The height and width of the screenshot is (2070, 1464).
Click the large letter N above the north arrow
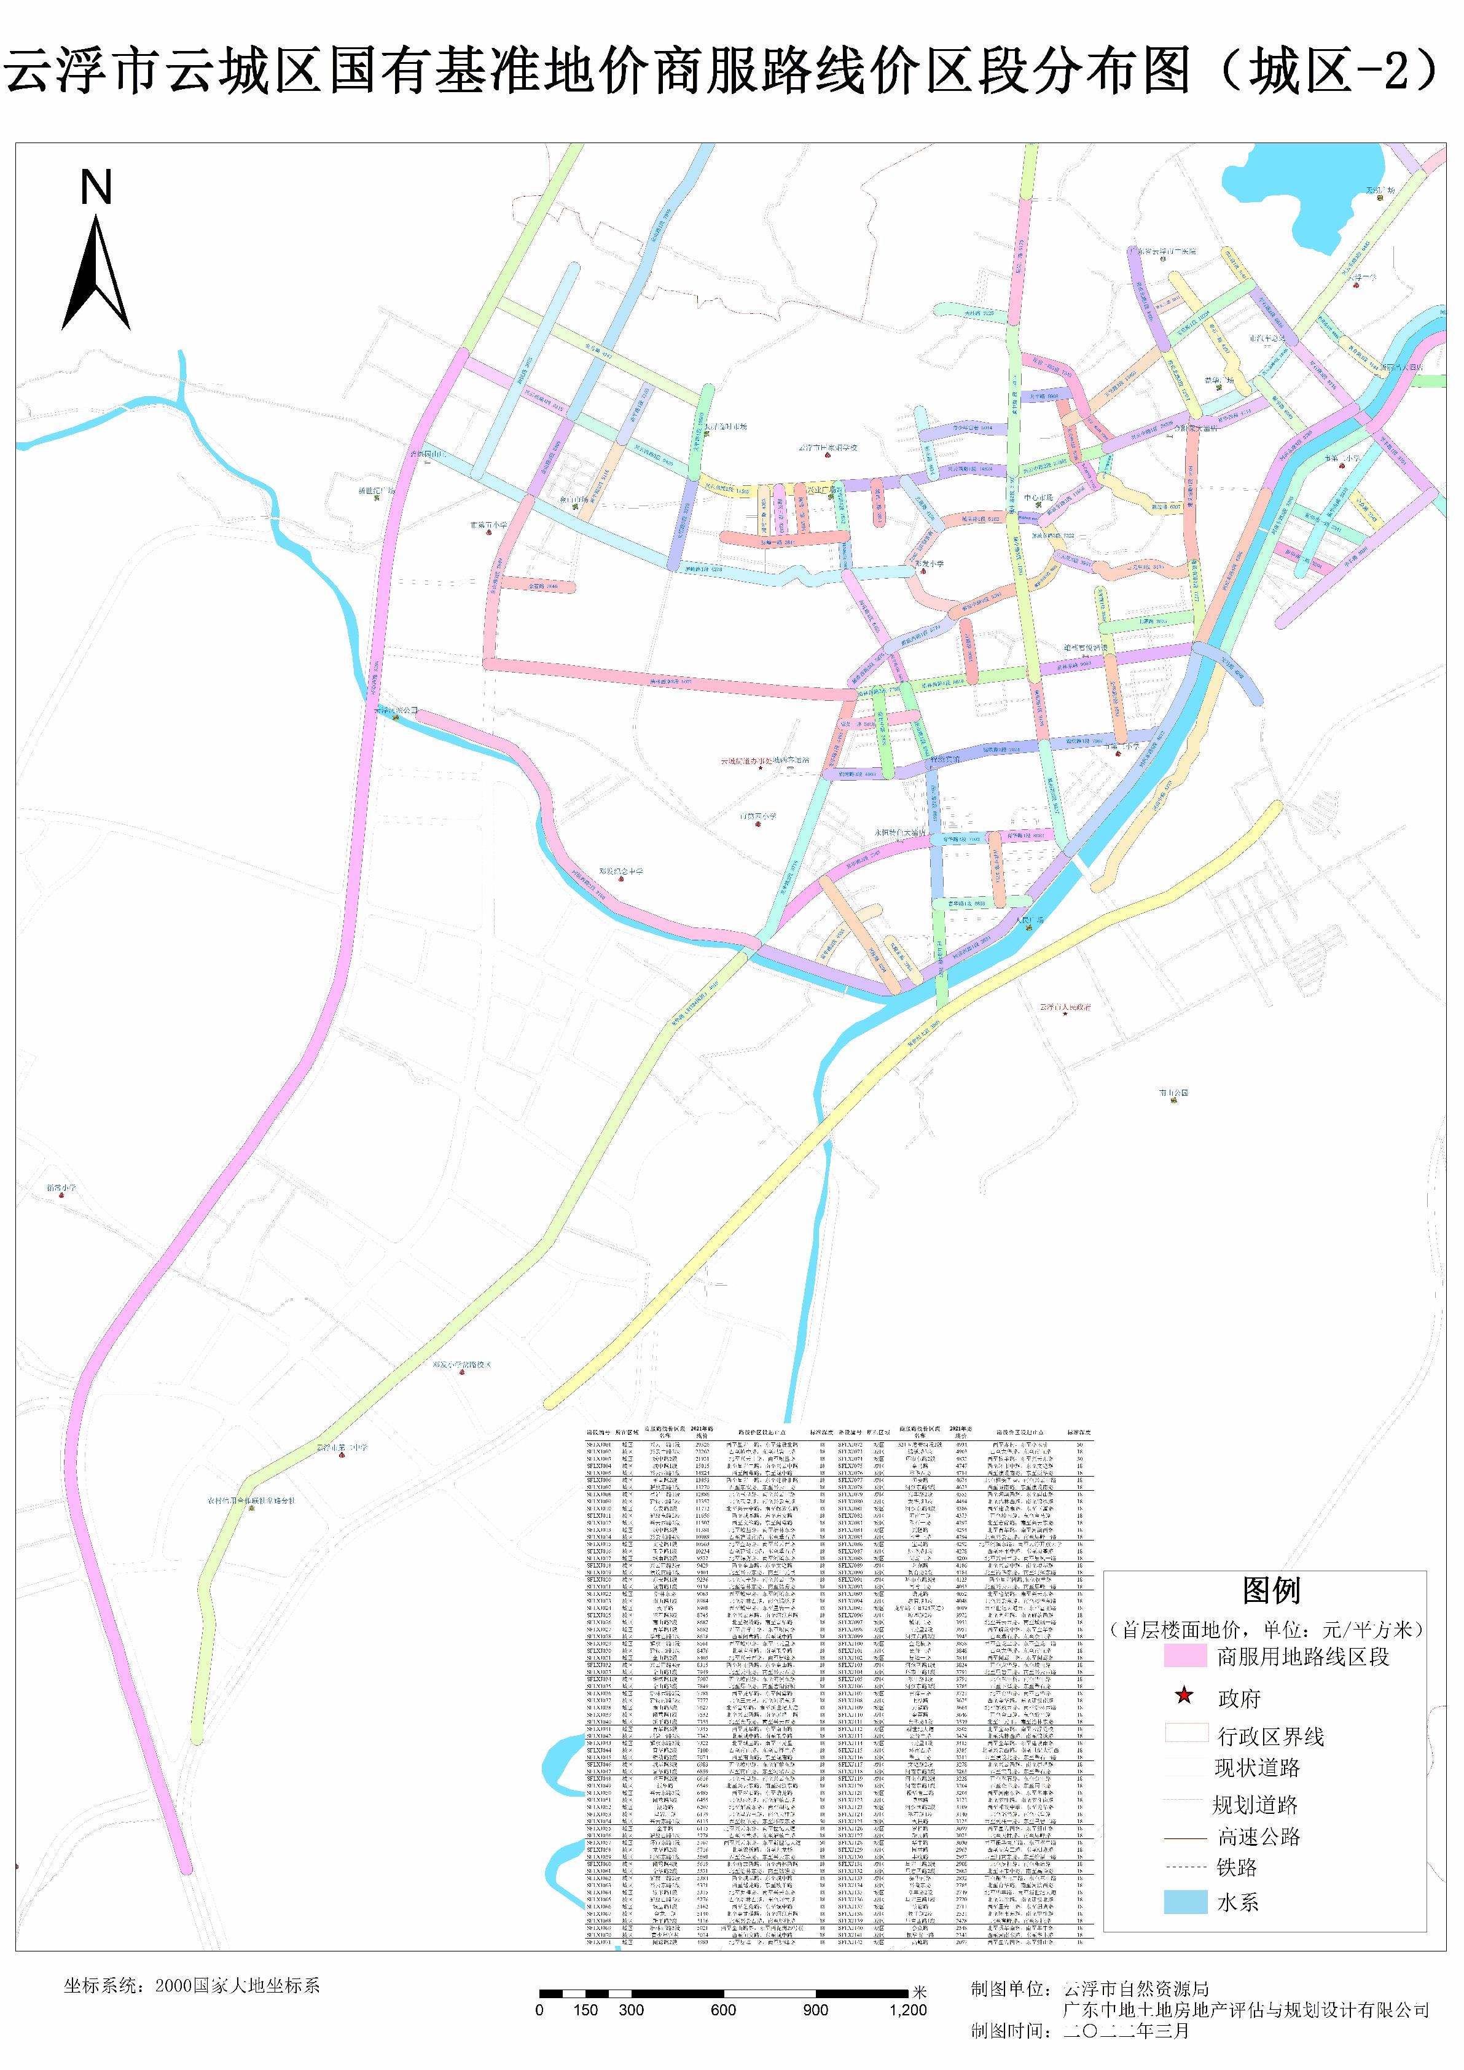click(96, 187)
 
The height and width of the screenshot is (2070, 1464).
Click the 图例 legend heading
click(1270, 1592)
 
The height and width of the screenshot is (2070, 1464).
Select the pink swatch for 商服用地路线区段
click(1184, 1656)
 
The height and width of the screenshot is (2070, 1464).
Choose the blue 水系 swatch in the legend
click(1184, 1902)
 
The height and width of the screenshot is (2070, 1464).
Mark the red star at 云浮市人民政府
click(1065, 1014)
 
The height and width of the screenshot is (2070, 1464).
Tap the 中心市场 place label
click(1038, 498)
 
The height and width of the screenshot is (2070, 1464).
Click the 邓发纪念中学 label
click(621, 872)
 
